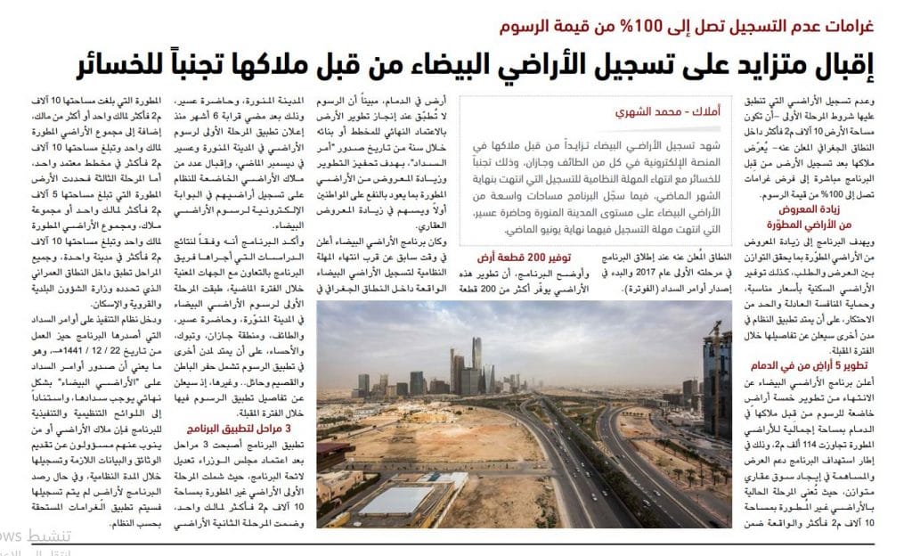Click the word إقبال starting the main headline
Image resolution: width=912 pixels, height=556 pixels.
[x=868, y=64]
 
